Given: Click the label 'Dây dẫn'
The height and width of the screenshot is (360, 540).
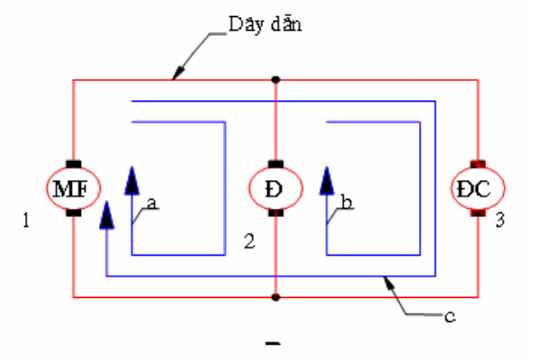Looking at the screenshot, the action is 265,25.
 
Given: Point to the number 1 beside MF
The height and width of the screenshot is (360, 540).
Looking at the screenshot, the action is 26,220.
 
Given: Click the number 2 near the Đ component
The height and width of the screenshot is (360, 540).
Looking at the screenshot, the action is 249,241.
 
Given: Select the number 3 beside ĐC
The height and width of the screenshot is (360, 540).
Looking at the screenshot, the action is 500,220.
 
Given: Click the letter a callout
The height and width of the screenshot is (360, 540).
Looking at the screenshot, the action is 152,203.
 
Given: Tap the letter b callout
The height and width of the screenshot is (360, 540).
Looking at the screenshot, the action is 346,202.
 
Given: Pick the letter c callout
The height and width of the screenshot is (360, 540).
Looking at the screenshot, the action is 450,317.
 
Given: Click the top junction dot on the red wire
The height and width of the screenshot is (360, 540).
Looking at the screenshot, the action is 275,80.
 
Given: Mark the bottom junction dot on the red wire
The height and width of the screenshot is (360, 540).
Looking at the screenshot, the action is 275,297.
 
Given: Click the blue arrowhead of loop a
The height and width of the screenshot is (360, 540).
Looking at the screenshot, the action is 132,181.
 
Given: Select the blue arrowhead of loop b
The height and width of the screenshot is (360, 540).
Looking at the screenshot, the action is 327,181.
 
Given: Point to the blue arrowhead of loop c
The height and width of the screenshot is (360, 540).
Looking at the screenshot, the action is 107,215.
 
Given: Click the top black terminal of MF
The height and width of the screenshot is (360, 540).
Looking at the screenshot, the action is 74,164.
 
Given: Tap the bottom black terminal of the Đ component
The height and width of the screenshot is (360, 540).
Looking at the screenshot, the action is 275,212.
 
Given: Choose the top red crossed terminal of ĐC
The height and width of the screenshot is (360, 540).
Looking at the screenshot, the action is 478,164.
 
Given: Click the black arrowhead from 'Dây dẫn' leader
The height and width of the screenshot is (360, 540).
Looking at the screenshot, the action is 178,74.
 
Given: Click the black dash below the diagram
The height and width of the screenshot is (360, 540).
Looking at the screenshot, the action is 273,343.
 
